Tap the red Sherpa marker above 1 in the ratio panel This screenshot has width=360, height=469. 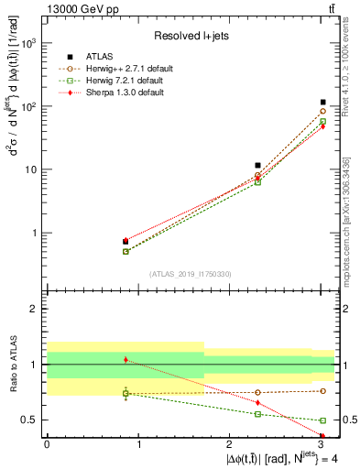(125, 360)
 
